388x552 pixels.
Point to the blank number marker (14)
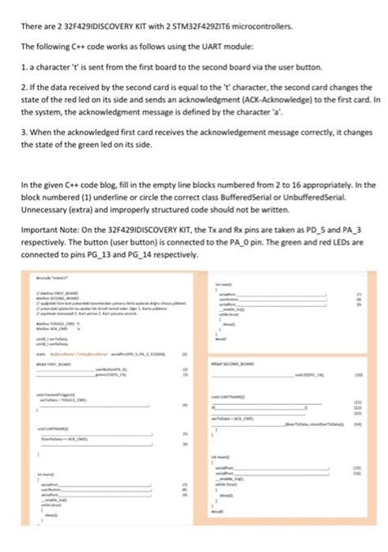(358, 425)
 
